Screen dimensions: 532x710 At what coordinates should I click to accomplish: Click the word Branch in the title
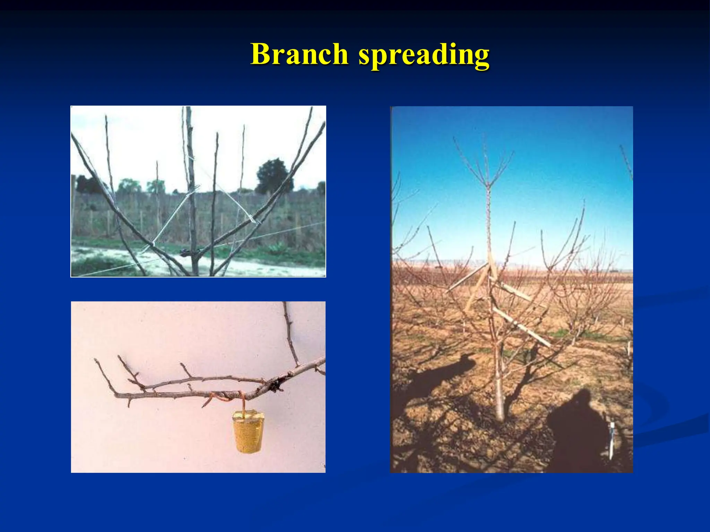pyautogui.click(x=300, y=54)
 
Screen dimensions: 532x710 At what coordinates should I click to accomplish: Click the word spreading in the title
pyautogui.click(x=424, y=55)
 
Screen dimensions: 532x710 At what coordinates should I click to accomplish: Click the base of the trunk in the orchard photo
pyautogui.click(x=499, y=416)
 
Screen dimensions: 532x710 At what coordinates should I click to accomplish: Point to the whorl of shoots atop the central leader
pyautogui.click(x=487, y=170)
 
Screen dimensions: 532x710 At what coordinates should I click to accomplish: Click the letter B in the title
pyautogui.click(x=261, y=54)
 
